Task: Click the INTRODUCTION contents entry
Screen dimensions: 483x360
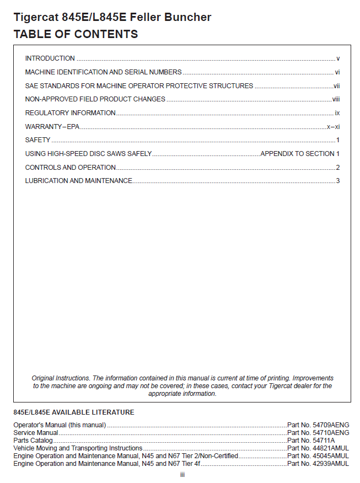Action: pyautogui.click(x=50, y=58)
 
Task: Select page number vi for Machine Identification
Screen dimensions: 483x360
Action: pyautogui.click(x=337, y=72)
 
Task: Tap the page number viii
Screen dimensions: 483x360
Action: pyautogui.click(x=336, y=99)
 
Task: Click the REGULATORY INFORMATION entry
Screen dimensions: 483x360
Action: pyautogui.click(x=71, y=113)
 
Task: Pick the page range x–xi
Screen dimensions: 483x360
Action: pyautogui.click(x=333, y=127)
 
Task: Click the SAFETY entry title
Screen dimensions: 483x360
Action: pyautogui.click(x=38, y=140)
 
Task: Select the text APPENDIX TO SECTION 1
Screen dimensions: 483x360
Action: pyautogui.click(x=300, y=154)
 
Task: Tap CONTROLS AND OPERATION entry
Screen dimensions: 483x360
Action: pyautogui.click(x=71, y=168)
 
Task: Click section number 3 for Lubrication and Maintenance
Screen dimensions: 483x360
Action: pyautogui.click(x=338, y=181)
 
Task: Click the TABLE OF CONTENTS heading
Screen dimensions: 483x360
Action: pyautogui.click(x=76, y=34)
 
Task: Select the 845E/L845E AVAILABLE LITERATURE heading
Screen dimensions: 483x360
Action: pyautogui.click(x=74, y=412)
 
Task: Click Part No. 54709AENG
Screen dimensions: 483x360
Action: pyautogui.click(x=318, y=425)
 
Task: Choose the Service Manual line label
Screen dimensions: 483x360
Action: pyautogui.click(x=36, y=433)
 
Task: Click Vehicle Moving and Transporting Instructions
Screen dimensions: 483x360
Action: pyautogui.click(x=78, y=448)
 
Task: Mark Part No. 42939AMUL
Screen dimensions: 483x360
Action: pyautogui.click(x=318, y=464)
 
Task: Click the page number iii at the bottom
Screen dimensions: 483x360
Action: pyautogui.click(x=182, y=475)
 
